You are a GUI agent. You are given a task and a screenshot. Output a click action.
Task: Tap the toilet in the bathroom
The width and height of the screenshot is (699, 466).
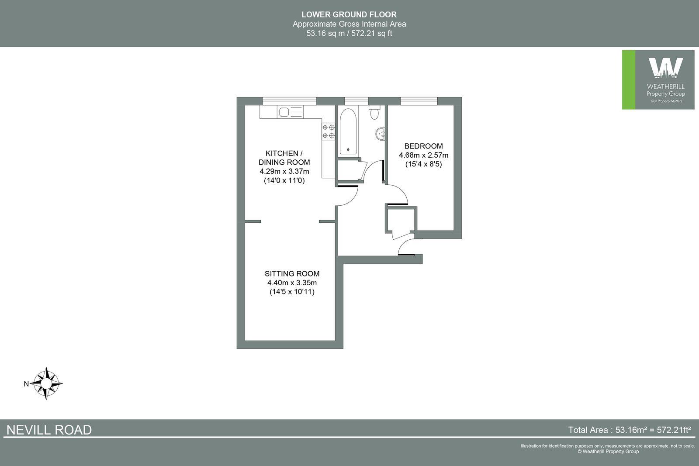coord(374,113)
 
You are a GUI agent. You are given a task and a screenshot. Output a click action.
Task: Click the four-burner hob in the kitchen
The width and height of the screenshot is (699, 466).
coord(329,131)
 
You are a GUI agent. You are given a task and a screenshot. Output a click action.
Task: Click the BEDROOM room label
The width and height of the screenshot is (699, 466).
coord(423,146)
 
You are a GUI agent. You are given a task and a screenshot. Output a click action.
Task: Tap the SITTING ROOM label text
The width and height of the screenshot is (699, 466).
coord(292,274)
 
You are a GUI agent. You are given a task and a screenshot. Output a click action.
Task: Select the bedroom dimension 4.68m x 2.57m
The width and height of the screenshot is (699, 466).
coord(423,155)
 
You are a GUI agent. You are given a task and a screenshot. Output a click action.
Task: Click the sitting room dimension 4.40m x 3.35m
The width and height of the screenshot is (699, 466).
coord(292,283)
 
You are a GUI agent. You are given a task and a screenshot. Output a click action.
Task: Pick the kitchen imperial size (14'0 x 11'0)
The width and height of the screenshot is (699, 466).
coord(284,180)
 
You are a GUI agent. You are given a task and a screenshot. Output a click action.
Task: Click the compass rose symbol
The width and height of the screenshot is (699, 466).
coord(47,383)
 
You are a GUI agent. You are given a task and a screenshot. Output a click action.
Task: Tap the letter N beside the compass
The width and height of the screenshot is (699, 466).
coord(26,384)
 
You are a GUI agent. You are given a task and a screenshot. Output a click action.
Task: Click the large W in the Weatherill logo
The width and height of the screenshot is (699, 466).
coord(665,68)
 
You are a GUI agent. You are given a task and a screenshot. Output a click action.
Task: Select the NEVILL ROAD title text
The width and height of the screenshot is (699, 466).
coord(49,430)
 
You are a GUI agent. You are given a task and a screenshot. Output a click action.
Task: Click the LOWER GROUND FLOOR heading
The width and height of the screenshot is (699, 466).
coord(349,15)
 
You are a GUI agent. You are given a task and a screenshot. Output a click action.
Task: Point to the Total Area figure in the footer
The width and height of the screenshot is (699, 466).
coord(629,430)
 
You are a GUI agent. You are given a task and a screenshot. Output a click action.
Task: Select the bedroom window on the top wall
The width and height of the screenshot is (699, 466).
coord(419,101)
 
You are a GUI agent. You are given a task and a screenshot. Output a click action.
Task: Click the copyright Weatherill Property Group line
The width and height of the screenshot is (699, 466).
coord(608,452)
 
